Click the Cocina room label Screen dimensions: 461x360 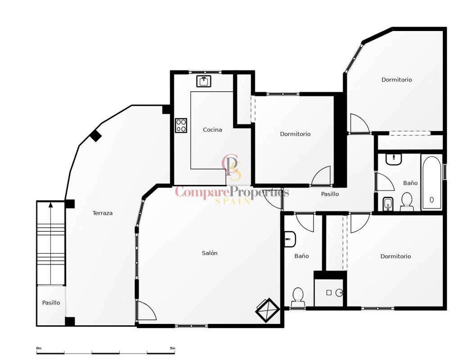click(x=212, y=130)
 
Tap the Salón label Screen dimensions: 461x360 click(x=210, y=253)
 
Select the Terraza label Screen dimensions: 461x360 click(x=103, y=213)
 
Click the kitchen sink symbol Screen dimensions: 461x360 click(x=204, y=81)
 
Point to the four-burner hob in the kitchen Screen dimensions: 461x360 click(x=181, y=126)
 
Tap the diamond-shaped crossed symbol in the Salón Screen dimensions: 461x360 click(x=267, y=310)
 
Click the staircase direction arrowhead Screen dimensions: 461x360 click(x=51, y=205)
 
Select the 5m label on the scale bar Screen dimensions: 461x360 click(x=172, y=348)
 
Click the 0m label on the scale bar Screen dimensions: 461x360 click(x=39, y=348)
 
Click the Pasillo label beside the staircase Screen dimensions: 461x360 click(x=51, y=303)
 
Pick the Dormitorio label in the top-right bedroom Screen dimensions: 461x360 click(x=397, y=80)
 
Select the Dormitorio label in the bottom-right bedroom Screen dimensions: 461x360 click(x=396, y=256)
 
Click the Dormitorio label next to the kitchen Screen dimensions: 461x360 click(x=295, y=134)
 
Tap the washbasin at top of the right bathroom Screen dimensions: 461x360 click(x=393, y=159)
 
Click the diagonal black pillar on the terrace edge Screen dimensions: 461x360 click(x=95, y=136)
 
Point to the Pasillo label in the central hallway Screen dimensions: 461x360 click(x=330, y=194)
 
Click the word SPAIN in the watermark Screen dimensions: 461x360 click(x=233, y=201)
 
